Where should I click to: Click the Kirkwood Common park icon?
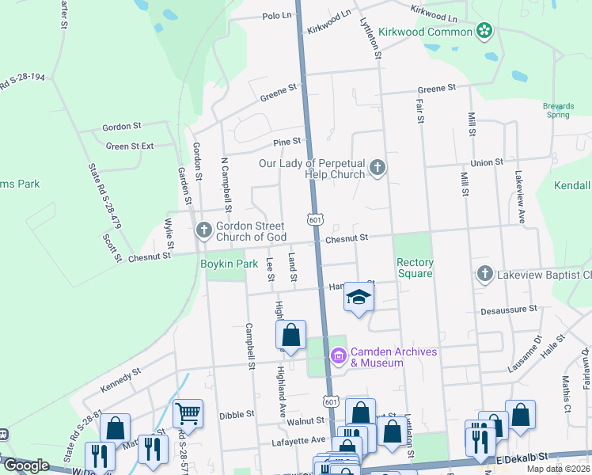pos(484,32)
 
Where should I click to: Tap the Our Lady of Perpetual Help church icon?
pos(378,167)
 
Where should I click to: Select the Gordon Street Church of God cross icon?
pos(203,230)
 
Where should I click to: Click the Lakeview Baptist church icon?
pos(484,275)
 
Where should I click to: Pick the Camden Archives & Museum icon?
pos(339,357)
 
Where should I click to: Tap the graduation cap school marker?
pos(359,298)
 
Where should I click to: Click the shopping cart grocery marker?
pos(188,412)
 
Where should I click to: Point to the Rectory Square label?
pos(415,268)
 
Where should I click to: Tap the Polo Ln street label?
pos(276,15)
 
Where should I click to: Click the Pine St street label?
pos(287,142)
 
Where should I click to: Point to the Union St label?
pos(487,162)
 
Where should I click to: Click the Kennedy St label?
pos(120,378)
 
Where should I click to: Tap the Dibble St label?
pos(237,413)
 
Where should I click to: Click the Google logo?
pos(26,465)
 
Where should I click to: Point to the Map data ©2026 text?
pos(558,469)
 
